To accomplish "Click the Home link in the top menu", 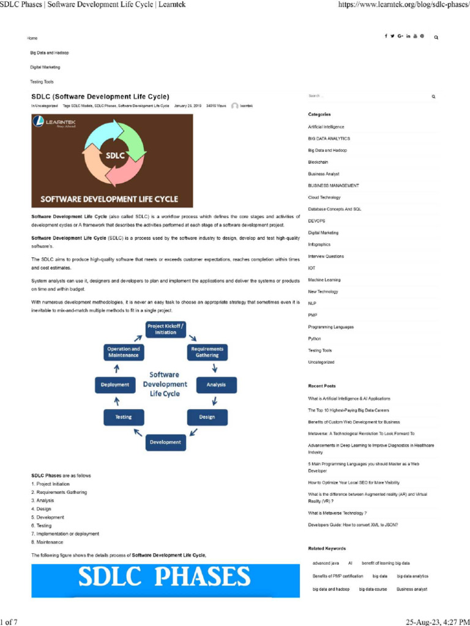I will coord(32,38).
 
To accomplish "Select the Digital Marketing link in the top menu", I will coord(45,67).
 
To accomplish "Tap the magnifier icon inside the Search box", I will coord(433,97).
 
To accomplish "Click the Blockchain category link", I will coord(318,162).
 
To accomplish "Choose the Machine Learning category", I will coord(324,280).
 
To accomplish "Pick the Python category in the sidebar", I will coord(315,339).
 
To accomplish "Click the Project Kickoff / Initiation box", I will coord(165,329).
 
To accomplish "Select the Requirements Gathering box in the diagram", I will coord(207,352).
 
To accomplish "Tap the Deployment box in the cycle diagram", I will coord(115,385).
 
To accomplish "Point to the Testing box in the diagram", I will coord(124,417).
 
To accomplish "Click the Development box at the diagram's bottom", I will coord(165,442).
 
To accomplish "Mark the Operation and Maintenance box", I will coord(124,352).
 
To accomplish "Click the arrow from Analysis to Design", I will coord(215,401).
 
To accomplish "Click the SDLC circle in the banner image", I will coord(114,155).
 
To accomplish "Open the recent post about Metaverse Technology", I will coord(337,513).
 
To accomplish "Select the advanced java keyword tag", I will coord(326,562).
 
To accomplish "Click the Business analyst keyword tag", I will coord(411,589).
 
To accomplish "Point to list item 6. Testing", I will coord(42,525).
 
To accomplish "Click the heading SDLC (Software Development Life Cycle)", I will coord(100,96).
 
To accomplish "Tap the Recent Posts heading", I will coord(322,386).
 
